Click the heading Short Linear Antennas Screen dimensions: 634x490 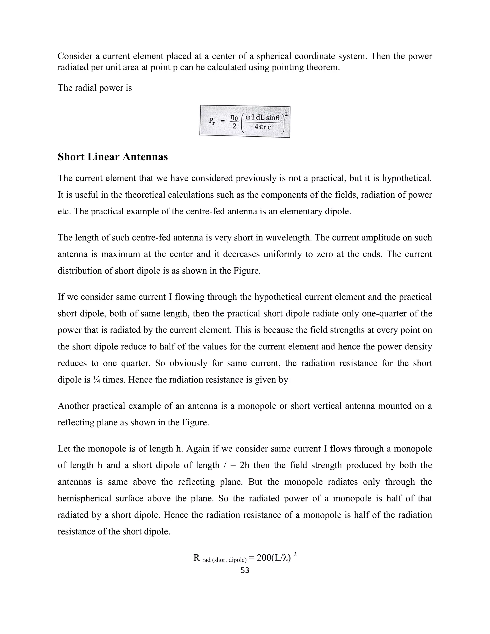tap(113, 157)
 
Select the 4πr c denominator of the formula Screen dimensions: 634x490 tap(262, 127)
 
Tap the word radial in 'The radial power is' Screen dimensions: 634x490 tap(86, 88)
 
